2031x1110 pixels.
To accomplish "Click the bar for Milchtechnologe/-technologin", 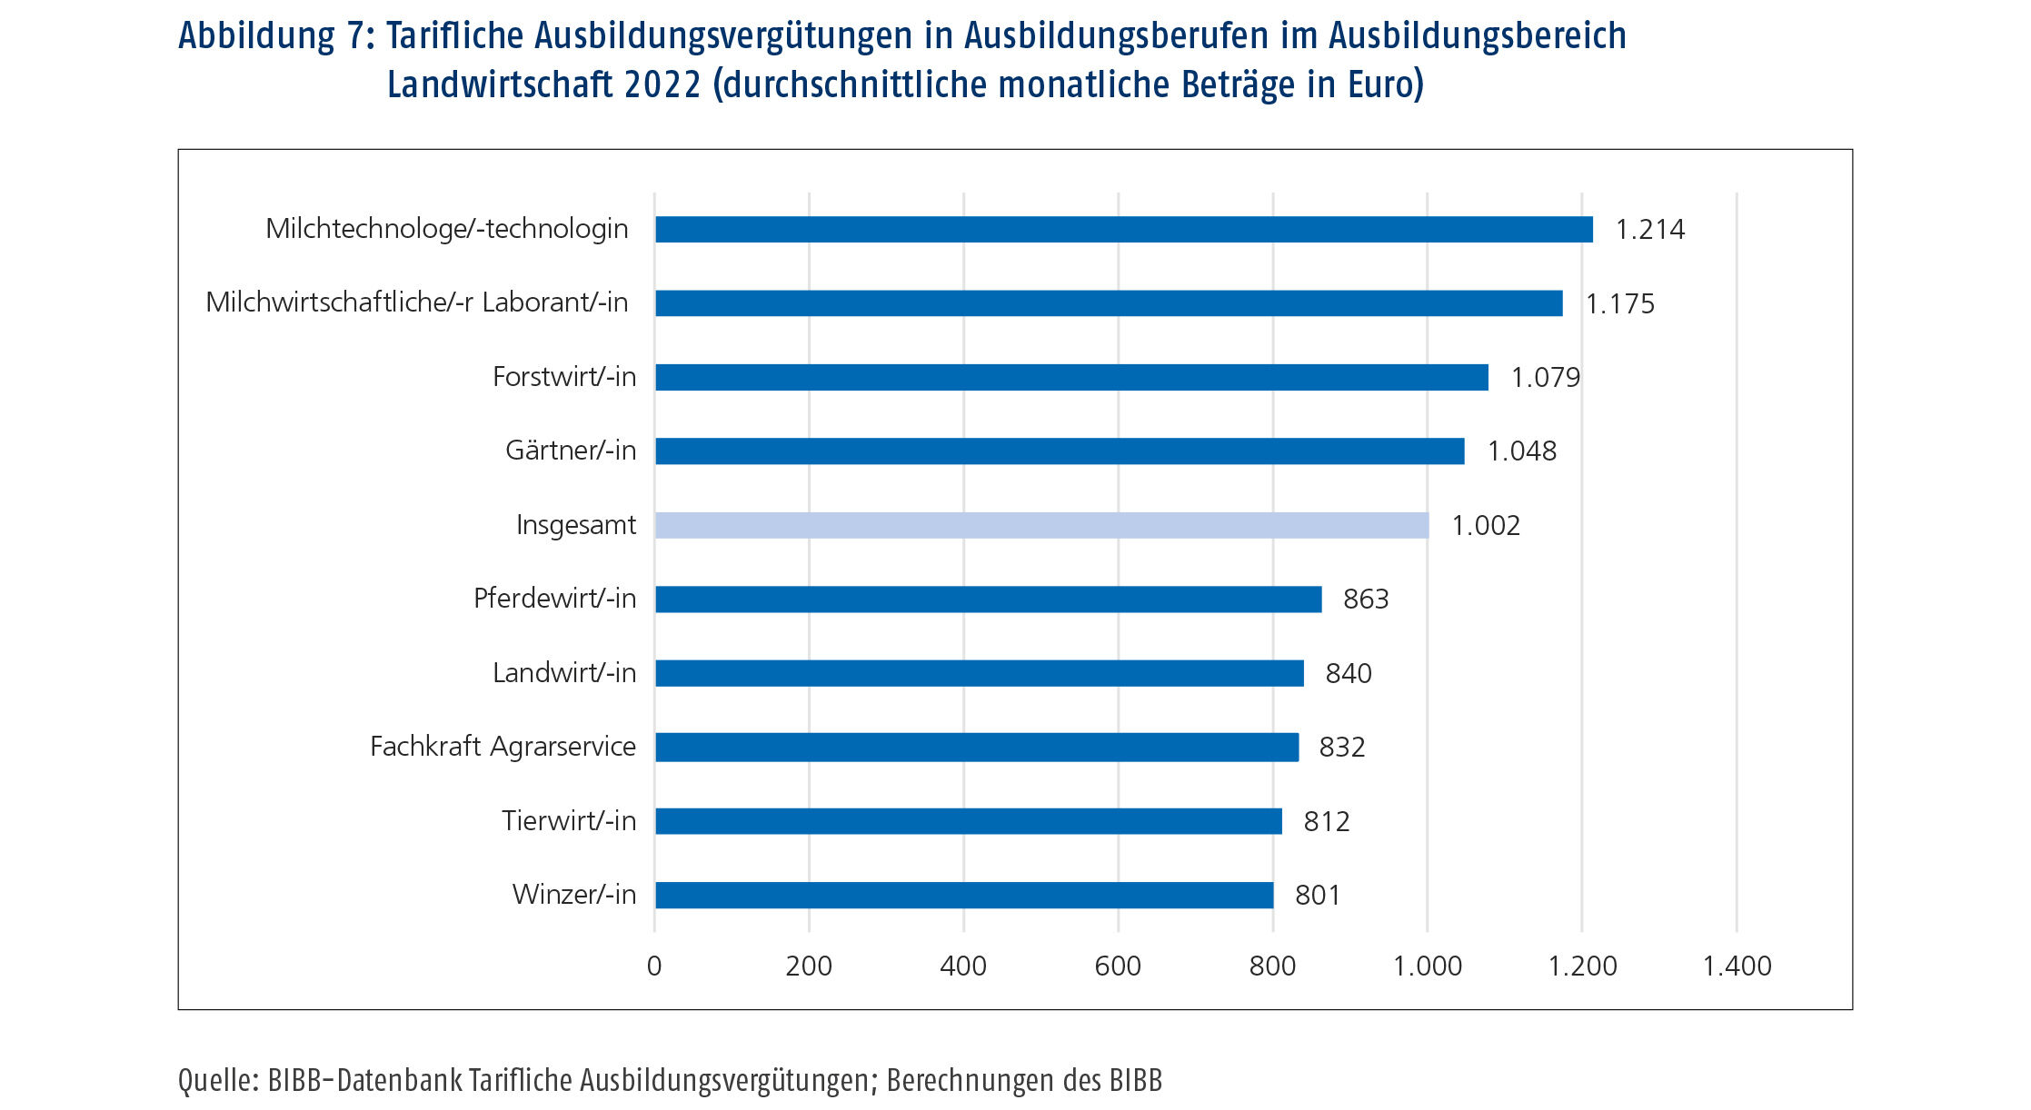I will pos(1123,229).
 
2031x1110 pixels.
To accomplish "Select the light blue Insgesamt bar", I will pos(1041,525).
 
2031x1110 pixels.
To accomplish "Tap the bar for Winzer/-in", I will pos(963,895).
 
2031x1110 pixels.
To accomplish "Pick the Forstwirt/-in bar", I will pos(1071,377).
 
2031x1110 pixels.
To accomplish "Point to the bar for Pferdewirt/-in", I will pos(988,600).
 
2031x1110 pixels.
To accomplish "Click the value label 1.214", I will pos(1649,230).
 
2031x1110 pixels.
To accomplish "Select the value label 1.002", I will pos(1485,526).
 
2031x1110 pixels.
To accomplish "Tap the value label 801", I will pos(1317,896).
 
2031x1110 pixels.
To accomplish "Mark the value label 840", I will pos(1348,674).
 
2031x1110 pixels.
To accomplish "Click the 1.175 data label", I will pos(1619,304).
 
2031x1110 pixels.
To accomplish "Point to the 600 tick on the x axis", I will pos(1118,966).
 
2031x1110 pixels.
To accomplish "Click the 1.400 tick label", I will pos(1736,966).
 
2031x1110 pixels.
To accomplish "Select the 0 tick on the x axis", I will pos(654,966).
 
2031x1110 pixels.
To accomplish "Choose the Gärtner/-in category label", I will pos(571,451).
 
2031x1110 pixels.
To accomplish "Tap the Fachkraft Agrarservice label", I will pos(503,747).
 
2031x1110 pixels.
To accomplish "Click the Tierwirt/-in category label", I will pos(569,821).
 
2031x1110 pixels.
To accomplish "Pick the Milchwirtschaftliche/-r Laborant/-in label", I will pos(417,302).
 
